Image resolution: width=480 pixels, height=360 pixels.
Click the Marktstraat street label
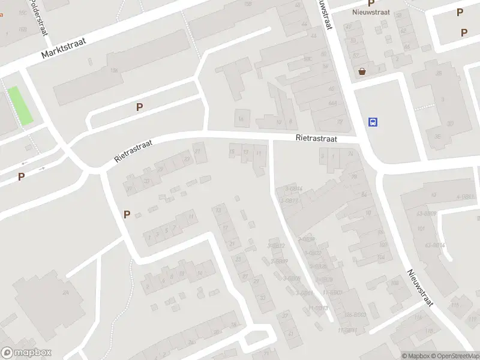[x=64, y=47]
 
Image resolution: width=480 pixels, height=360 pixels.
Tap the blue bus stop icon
[x=373, y=122]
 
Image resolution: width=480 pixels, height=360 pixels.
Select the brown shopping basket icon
[x=362, y=71]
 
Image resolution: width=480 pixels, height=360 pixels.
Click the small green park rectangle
[x=20, y=106]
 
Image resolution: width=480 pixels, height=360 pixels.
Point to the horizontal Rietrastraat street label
[x=316, y=138]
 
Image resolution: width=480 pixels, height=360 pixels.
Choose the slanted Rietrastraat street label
[x=134, y=151]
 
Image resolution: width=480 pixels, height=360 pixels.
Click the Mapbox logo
[x=26, y=353]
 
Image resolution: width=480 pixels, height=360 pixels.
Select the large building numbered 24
[x=65, y=292]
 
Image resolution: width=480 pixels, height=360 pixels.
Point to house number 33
[x=146, y=181]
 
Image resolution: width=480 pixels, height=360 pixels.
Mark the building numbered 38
[x=438, y=74]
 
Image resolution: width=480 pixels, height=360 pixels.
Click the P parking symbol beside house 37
[x=127, y=214]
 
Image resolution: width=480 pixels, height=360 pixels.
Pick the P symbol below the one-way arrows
[x=21, y=177]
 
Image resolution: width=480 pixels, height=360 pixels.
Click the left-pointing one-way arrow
[x=25, y=163]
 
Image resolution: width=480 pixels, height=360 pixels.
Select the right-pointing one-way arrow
[x=41, y=168]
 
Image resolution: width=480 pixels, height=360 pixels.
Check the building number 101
[x=421, y=229]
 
